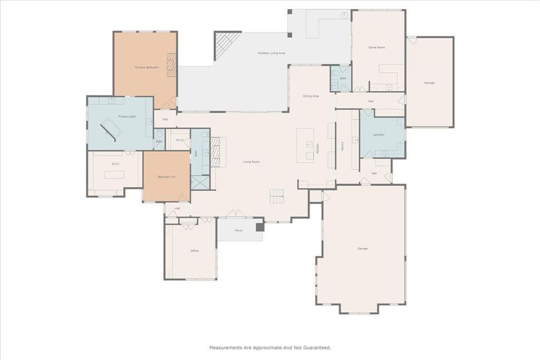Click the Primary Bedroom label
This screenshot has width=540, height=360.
point(146,67)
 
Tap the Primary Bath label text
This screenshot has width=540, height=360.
point(127,116)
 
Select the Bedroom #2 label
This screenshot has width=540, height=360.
point(166,177)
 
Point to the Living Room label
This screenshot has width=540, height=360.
point(251,161)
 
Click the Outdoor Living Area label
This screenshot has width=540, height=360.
point(271,53)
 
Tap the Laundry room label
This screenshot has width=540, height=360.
point(379,134)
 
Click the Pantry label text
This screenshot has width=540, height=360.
point(342,146)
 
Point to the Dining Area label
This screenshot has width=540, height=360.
point(311,96)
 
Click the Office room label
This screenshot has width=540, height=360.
point(194,251)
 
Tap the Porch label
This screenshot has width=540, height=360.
point(239,230)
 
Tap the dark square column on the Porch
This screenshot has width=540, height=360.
point(259,227)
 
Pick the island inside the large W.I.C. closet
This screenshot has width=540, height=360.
point(114,175)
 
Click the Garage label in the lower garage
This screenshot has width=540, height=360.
point(362,248)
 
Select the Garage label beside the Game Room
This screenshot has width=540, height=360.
point(429,83)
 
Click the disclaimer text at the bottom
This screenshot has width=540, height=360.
point(269,347)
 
